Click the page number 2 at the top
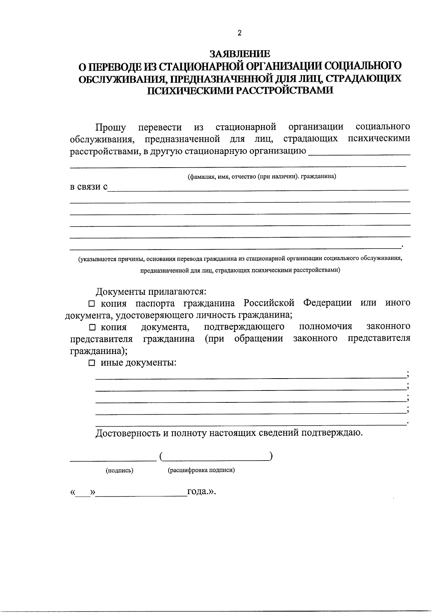(x=240, y=33)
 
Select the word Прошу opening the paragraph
(x=110, y=128)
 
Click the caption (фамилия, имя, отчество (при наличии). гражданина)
(x=262, y=177)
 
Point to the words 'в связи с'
(x=88, y=187)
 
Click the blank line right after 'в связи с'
(x=258, y=189)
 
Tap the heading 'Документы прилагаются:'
(x=151, y=291)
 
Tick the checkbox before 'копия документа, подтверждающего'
(x=92, y=327)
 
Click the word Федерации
(x=327, y=303)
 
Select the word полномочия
(x=325, y=327)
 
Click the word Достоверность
(x=128, y=433)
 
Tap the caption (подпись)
(x=119, y=470)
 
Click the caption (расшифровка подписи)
(x=201, y=470)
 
